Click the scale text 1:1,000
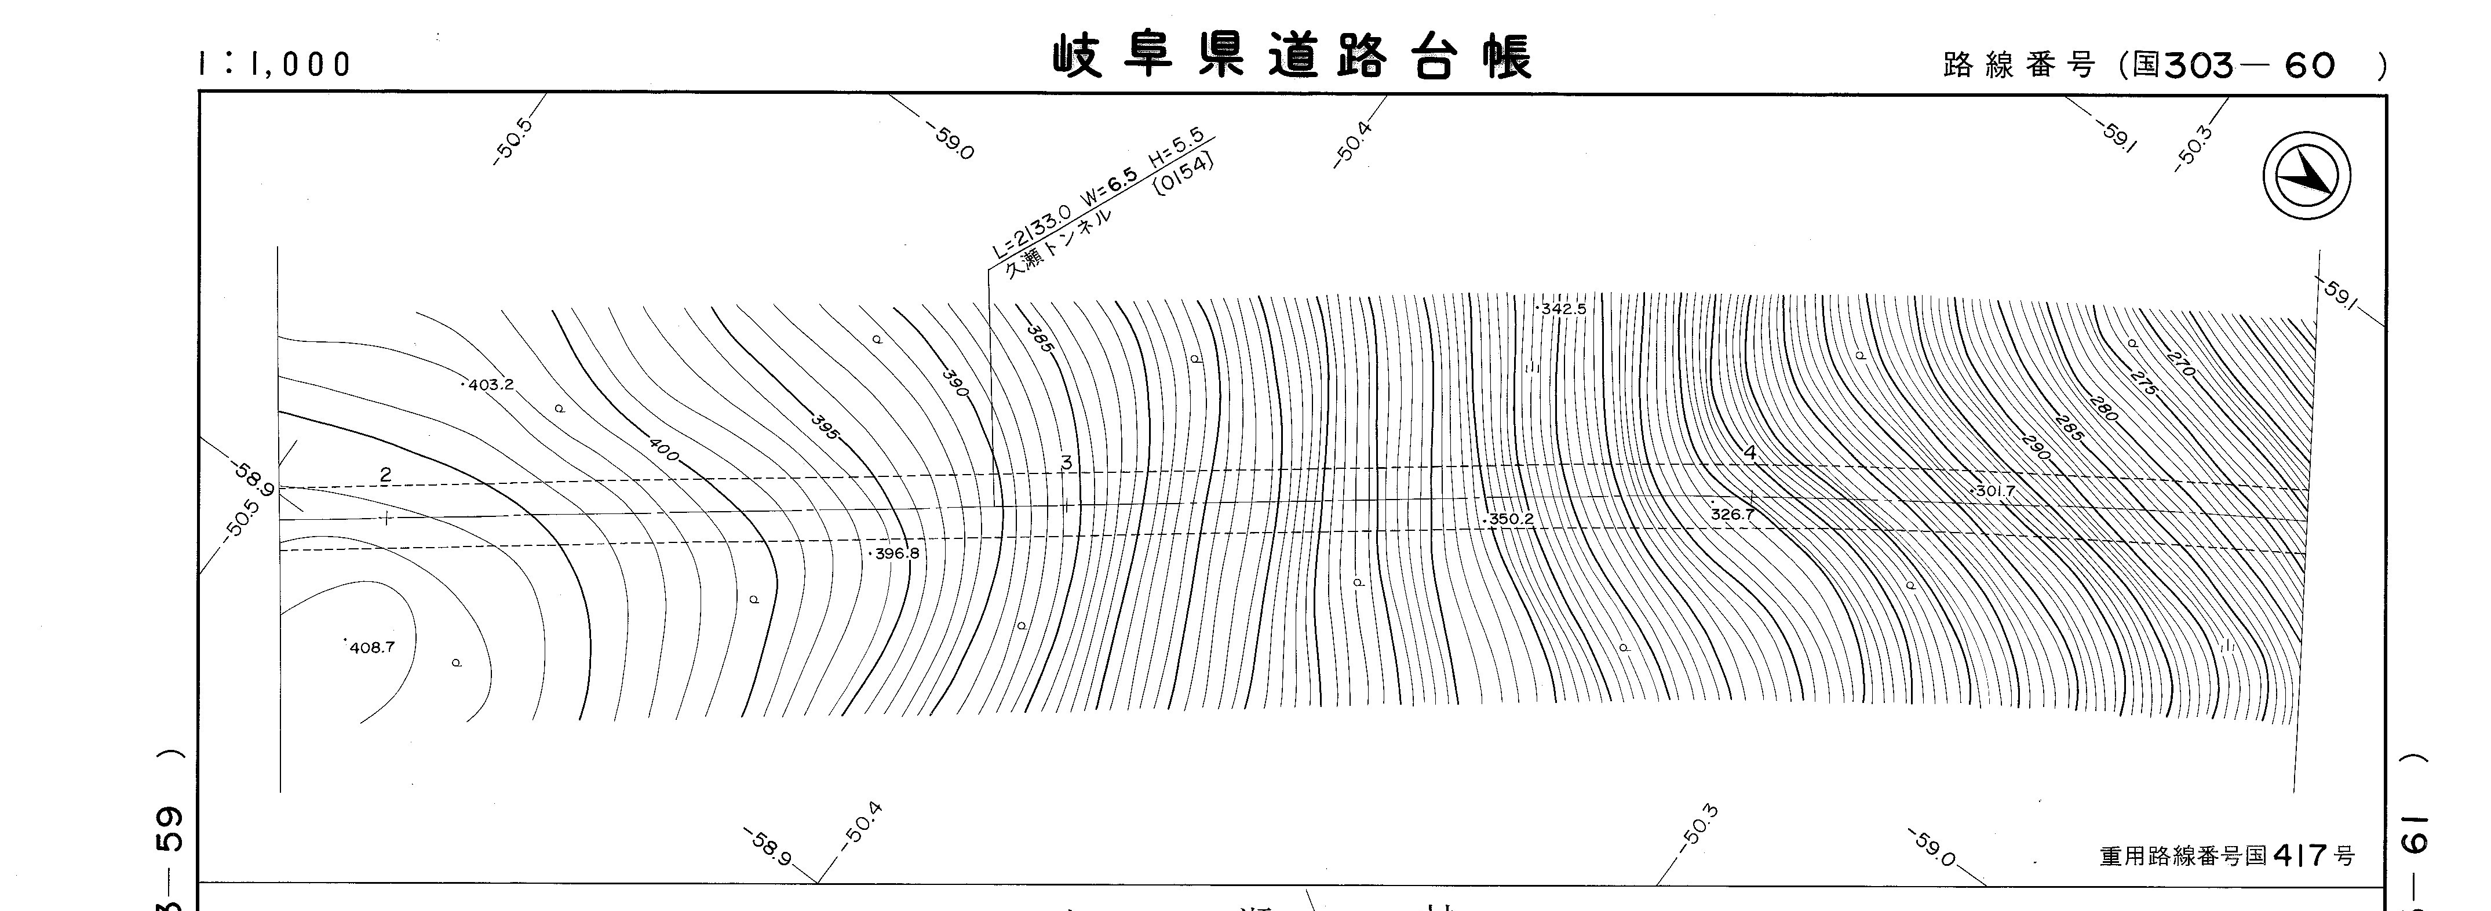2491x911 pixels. click(x=275, y=64)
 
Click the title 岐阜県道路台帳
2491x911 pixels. click(x=1292, y=58)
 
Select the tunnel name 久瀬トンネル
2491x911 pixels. click(x=1057, y=244)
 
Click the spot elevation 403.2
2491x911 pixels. click(x=489, y=385)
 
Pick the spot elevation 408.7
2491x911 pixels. click(x=370, y=647)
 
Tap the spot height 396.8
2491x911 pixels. click(x=895, y=554)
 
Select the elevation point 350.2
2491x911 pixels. click(x=1509, y=519)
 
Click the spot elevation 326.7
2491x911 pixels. click(x=1732, y=515)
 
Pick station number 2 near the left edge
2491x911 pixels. click(x=386, y=475)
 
